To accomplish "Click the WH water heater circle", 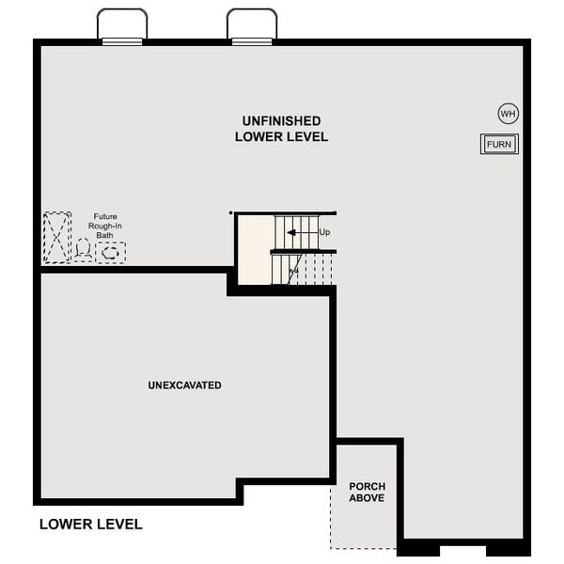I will click(x=509, y=114).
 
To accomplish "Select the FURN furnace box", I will click(x=499, y=144).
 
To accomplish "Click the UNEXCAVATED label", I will click(x=184, y=385).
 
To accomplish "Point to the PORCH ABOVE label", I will click(x=367, y=492).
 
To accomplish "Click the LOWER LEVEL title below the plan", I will click(x=91, y=524).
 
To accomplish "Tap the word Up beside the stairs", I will click(x=325, y=231).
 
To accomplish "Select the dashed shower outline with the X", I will click(x=56, y=237).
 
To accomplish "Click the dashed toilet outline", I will click(x=85, y=251).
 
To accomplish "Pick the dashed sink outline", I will click(x=111, y=252).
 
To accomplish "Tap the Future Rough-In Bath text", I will click(x=105, y=226).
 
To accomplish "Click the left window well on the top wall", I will click(x=122, y=25).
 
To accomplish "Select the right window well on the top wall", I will click(x=252, y=25).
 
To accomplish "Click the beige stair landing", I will click(x=254, y=249).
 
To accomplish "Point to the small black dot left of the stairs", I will click(x=230, y=212).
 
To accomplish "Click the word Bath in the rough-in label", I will click(x=105, y=235).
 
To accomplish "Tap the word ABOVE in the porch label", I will click(x=367, y=498).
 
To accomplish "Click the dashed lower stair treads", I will click(x=303, y=269).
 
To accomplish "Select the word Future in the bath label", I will click(x=105, y=216).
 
